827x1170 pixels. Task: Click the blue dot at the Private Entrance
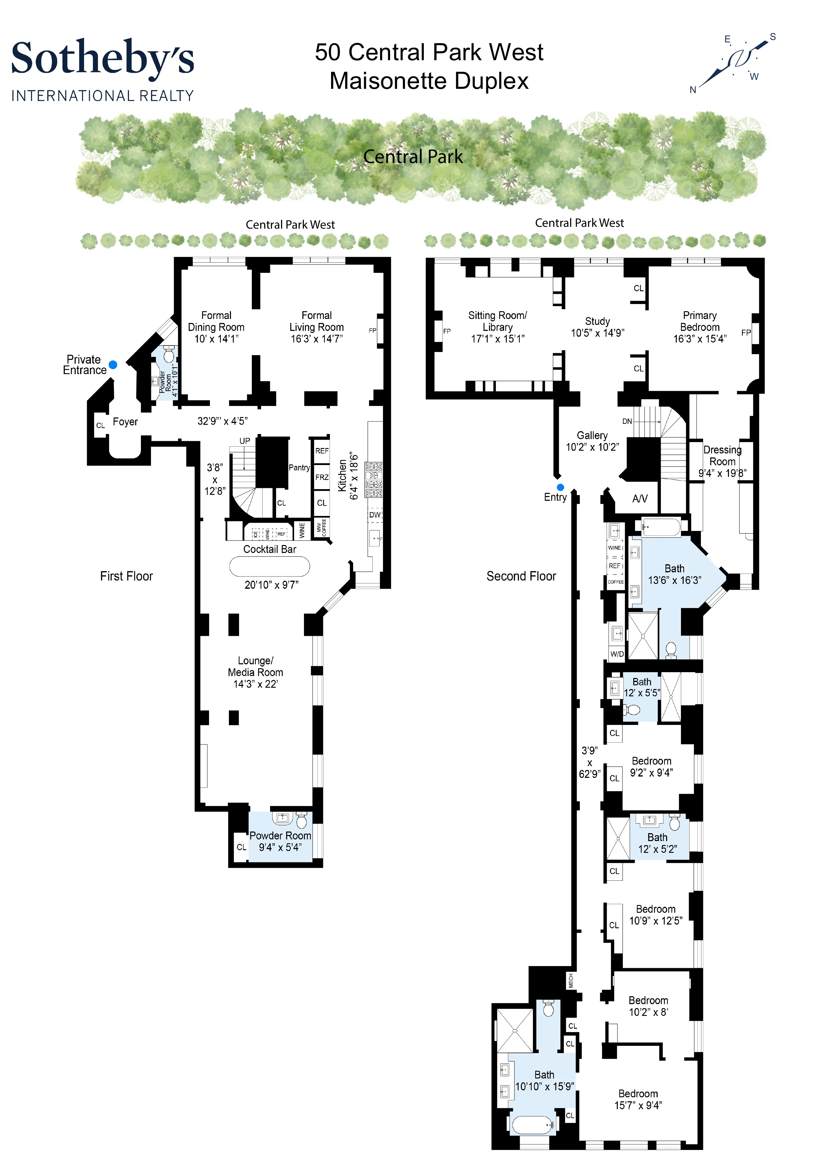point(113,365)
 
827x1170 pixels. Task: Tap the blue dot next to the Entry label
point(561,487)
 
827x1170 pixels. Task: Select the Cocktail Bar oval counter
point(269,566)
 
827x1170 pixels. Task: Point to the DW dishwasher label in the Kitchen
point(375,515)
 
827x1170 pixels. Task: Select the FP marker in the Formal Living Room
point(373,331)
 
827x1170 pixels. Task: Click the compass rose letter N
point(693,90)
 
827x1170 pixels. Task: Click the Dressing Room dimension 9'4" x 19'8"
point(722,473)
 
